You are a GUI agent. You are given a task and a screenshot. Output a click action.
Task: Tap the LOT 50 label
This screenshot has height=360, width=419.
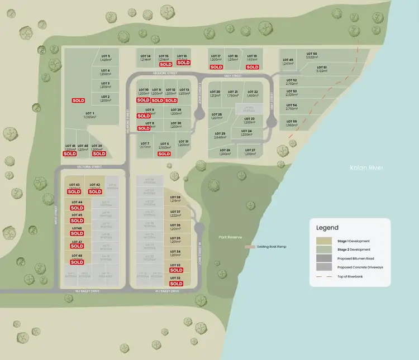(x=311, y=53)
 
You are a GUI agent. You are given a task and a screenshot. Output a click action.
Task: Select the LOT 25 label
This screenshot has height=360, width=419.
(x=220, y=133)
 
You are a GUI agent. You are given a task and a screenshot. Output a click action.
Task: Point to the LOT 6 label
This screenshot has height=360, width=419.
(x=164, y=143)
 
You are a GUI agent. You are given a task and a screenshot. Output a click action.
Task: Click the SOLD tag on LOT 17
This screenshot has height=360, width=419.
(x=216, y=67)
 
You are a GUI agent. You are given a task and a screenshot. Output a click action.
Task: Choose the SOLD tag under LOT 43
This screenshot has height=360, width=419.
(x=74, y=192)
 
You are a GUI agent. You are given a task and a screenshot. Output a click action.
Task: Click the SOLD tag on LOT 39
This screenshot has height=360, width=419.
(x=99, y=153)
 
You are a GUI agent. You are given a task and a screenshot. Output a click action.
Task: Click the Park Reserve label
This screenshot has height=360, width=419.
(x=231, y=237)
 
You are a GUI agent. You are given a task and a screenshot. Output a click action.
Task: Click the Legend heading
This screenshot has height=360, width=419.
(x=327, y=228)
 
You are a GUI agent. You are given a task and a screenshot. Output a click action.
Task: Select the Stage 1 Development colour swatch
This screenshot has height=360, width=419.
(x=323, y=241)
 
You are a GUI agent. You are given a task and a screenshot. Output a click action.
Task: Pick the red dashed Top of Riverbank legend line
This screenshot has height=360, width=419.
(x=323, y=276)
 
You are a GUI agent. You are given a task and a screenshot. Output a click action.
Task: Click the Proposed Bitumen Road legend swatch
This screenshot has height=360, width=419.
(x=323, y=258)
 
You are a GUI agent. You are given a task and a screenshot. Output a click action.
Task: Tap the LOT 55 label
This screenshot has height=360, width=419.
(x=291, y=121)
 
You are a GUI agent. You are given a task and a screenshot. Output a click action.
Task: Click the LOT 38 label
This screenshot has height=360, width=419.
(x=175, y=198)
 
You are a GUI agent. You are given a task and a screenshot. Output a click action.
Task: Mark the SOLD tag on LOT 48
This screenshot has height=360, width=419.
(x=77, y=262)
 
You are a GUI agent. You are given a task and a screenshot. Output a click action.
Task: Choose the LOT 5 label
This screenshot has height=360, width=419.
(x=105, y=56)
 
